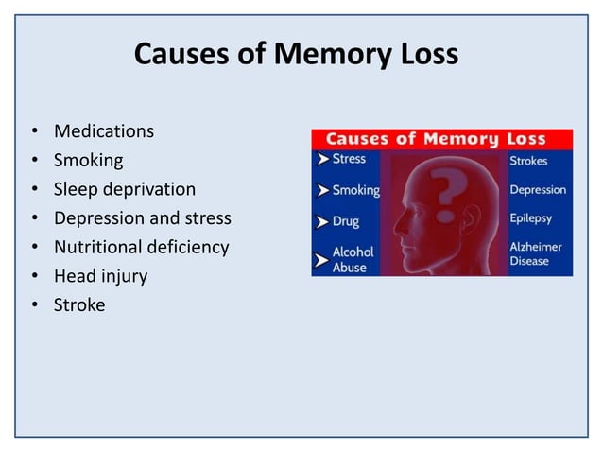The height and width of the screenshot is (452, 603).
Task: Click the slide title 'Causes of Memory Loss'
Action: point(296,54)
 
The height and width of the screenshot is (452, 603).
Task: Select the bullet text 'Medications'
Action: point(103,130)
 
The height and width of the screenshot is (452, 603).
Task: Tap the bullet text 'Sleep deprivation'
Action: point(124,189)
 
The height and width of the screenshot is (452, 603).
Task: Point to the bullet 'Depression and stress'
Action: point(142,218)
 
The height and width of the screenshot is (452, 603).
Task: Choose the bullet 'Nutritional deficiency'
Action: point(141,248)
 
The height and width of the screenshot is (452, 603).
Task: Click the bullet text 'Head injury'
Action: point(100,276)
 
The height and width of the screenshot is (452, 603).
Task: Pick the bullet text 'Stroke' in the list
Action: point(79,305)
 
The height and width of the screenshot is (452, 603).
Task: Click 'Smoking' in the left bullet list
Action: point(88,160)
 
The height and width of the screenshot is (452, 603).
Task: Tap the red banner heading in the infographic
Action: point(441,139)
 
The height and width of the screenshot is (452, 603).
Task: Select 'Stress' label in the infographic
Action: point(349,159)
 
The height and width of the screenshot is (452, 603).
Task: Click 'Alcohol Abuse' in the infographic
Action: point(353,259)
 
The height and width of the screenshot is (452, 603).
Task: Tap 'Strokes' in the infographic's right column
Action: point(528,161)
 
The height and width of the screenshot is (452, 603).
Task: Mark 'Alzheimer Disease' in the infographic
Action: point(536,253)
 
